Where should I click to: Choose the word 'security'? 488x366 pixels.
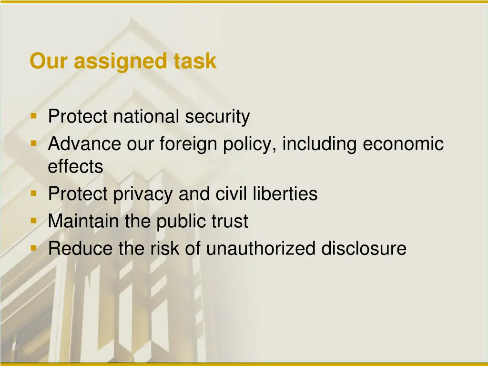pos(217,117)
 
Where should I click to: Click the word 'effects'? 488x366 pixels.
pos(75,167)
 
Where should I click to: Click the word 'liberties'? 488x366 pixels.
pos(287,194)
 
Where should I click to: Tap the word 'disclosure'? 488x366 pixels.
pos(364,249)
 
